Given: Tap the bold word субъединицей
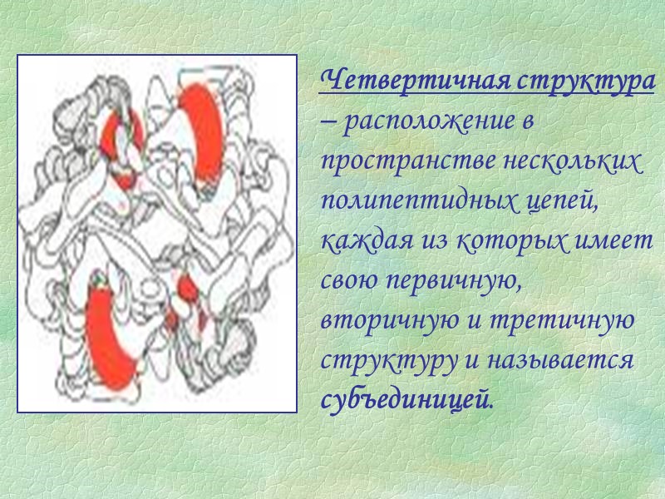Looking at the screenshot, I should [x=406, y=401].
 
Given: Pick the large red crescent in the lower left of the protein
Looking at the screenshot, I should [x=110, y=333].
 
